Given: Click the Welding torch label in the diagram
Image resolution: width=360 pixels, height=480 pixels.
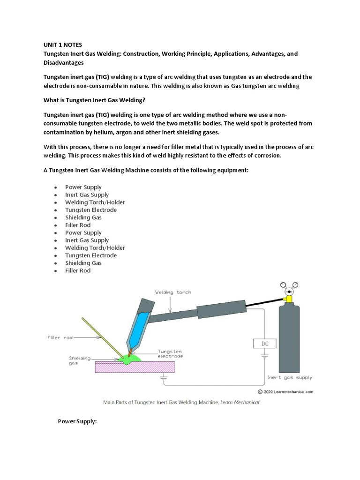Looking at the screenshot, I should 173,292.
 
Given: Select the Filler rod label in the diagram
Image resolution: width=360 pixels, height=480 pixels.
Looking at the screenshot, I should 60,337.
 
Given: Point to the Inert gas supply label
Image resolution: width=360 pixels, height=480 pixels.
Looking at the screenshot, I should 290,377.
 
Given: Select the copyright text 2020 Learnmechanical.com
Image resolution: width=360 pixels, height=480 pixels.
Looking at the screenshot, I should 287,391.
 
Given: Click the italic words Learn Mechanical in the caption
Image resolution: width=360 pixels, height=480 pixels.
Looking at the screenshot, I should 242,402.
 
